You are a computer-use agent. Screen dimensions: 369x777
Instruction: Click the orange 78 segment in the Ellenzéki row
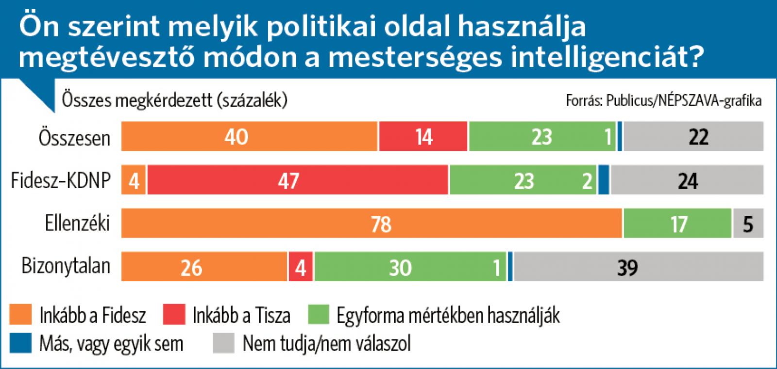pyautogui.click(x=372, y=224)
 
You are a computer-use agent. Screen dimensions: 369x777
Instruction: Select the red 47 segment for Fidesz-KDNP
pyautogui.click(x=298, y=180)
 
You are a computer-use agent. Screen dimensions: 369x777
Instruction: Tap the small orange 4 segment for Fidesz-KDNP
pyautogui.click(x=134, y=180)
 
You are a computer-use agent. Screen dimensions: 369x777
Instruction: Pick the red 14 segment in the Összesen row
pyautogui.click(x=423, y=137)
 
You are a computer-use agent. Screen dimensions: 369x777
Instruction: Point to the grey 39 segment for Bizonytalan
pyautogui.click(x=639, y=267)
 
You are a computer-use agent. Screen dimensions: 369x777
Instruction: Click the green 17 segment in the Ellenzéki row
pyautogui.click(x=677, y=224)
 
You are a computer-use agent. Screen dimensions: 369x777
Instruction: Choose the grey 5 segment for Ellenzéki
pyautogui.click(x=748, y=224)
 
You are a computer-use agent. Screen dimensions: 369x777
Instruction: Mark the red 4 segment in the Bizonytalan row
pyautogui.click(x=301, y=267)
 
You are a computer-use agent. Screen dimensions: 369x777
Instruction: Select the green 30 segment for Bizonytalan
pyautogui.click(x=410, y=267)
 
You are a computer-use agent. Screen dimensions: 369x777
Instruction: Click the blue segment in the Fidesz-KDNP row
pyautogui.click(x=603, y=180)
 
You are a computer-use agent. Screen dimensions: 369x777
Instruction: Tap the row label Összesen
pyautogui.click(x=74, y=138)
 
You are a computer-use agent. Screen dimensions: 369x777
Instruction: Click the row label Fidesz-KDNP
pyautogui.click(x=61, y=181)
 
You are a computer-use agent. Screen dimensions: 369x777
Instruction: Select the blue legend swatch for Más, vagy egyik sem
pyautogui.click(x=20, y=343)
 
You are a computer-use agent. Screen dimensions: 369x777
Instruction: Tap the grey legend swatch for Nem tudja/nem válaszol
pyautogui.click(x=223, y=343)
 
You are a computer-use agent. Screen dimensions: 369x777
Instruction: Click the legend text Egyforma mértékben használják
pyautogui.click(x=448, y=315)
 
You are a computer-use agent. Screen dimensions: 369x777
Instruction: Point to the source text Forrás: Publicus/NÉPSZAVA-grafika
pyautogui.click(x=663, y=100)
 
